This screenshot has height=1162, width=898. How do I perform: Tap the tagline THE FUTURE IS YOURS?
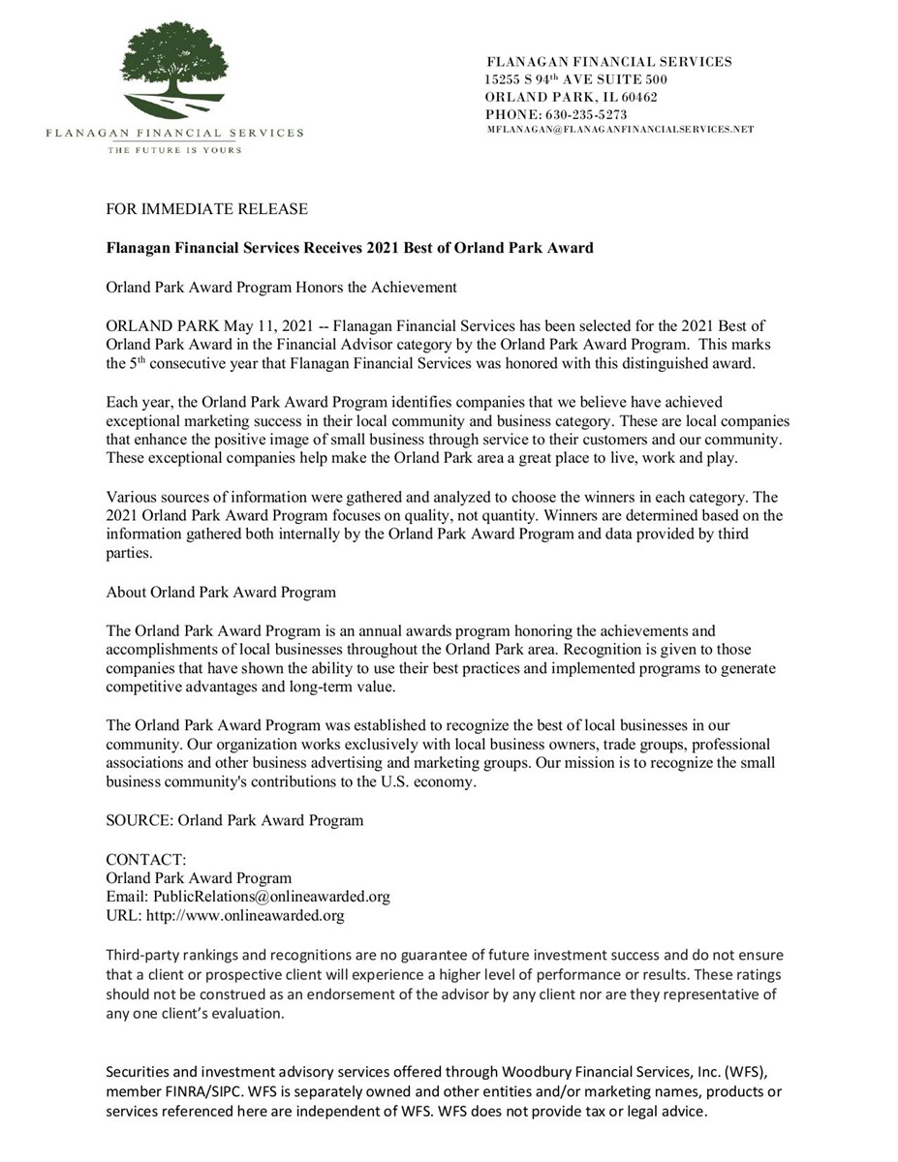(174, 150)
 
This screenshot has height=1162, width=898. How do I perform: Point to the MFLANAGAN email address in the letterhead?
(620, 129)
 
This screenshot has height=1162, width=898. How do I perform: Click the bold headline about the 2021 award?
(349, 248)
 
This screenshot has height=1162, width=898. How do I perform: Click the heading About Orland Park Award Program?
(221, 593)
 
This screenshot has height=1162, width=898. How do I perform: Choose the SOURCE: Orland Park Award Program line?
(234, 820)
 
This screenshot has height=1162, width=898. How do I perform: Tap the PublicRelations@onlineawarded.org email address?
(271, 897)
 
